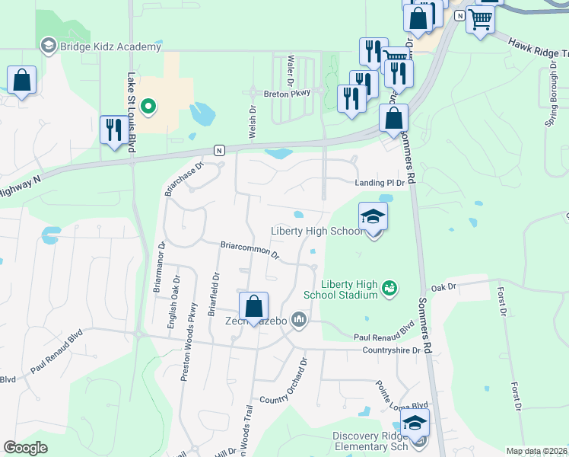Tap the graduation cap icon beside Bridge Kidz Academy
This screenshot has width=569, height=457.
(x=49, y=46)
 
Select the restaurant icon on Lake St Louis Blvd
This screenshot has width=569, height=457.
(x=113, y=129)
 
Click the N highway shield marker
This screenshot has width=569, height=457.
(x=218, y=149)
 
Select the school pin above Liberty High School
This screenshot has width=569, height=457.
(x=373, y=217)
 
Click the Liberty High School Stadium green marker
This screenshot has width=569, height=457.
(x=389, y=287)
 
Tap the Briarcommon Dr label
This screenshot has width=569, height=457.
(x=250, y=249)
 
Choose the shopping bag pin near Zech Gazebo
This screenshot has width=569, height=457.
(x=254, y=306)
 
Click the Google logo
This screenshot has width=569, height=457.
(x=26, y=448)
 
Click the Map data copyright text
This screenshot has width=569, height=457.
(x=536, y=451)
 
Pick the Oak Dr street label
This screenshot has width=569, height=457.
(x=443, y=287)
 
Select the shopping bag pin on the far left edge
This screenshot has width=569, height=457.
(x=21, y=81)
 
